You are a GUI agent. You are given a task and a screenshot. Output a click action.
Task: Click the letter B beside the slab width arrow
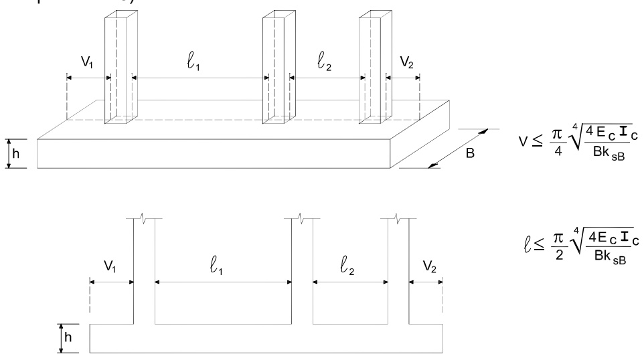(x=471, y=153)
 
